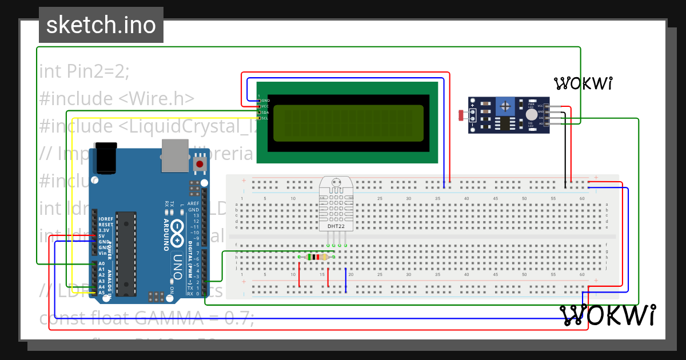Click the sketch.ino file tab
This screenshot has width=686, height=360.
(x=101, y=25)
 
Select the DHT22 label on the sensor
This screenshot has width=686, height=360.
(x=336, y=226)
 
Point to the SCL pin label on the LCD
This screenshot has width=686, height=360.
(x=265, y=118)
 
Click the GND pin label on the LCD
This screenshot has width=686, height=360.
(x=265, y=101)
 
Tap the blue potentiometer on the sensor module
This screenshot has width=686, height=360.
(x=505, y=105)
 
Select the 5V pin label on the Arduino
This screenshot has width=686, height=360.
(x=101, y=235)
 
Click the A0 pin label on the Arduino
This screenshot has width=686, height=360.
(x=101, y=263)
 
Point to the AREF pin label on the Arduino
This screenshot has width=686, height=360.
(x=194, y=203)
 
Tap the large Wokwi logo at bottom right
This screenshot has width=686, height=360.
(x=607, y=315)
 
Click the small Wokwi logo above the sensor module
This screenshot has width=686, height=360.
(x=583, y=83)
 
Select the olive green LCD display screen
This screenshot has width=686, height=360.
(x=348, y=123)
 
